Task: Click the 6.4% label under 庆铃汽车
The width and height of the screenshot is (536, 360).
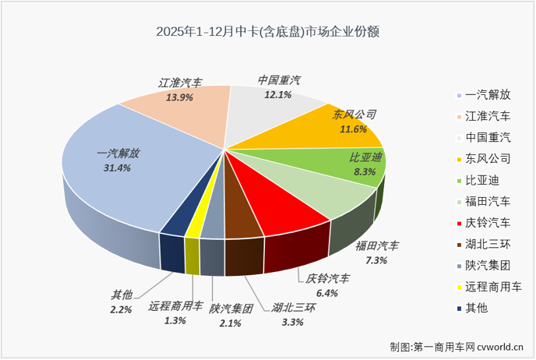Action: point(326,293)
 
